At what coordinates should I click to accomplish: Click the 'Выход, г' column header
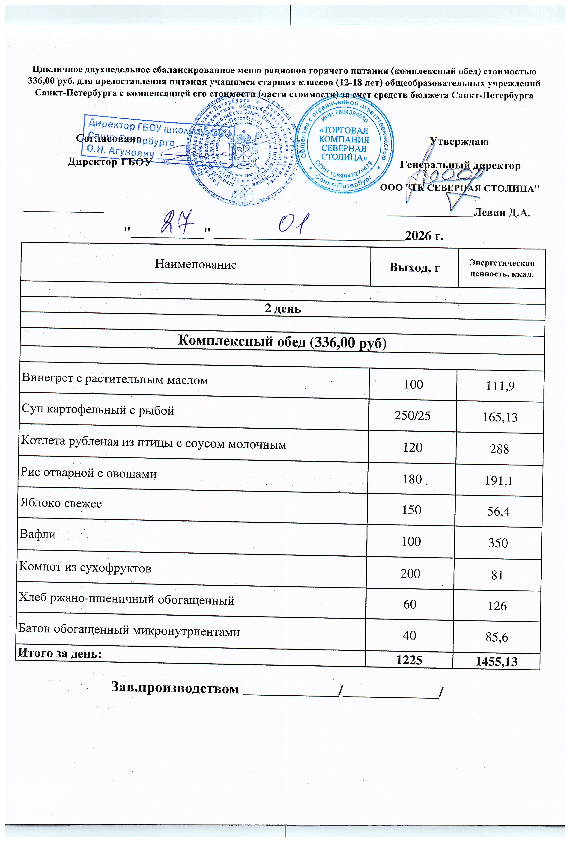click(x=415, y=267)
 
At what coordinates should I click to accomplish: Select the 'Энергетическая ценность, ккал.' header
click(x=502, y=268)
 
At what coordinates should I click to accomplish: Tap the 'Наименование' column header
click(x=196, y=264)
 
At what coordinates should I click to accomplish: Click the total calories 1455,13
click(x=496, y=661)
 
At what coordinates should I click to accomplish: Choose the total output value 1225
click(x=409, y=660)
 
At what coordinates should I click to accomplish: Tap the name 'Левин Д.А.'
click(x=502, y=213)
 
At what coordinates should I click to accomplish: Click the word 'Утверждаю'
click(x=459, y=142)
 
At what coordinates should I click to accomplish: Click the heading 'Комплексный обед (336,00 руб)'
click(x=282, y=341)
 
